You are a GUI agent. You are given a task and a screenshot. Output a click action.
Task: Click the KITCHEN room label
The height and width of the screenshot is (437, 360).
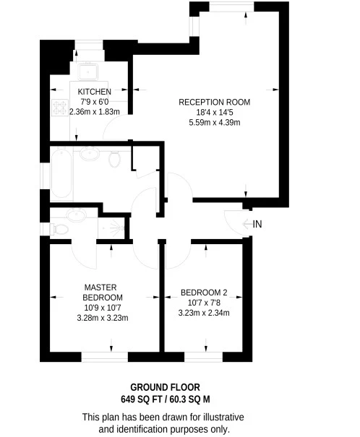pos(95,92)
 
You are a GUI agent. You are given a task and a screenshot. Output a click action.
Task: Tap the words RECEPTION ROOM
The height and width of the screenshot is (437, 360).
pos(215,102)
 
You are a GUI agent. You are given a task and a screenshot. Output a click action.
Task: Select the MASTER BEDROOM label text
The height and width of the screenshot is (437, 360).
pos(102,292)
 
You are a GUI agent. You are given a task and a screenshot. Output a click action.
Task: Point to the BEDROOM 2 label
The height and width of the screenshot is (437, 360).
pos(204,293)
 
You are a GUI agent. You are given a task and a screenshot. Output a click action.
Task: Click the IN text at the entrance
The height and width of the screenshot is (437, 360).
pos(257,224)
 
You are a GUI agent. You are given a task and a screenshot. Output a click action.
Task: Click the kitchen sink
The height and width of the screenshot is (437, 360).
pos(90,70)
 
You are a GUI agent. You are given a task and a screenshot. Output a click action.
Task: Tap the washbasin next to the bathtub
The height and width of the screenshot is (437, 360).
pos(89,154)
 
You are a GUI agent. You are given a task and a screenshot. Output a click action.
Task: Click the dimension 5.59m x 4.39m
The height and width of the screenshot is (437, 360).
pos(215,122)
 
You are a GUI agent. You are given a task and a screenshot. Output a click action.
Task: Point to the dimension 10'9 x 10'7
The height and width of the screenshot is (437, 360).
pos(102,308)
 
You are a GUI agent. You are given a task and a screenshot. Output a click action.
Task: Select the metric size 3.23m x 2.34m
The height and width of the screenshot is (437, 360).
pos(204,313)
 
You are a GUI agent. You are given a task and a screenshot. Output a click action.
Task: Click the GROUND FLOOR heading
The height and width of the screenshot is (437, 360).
pos(165,387)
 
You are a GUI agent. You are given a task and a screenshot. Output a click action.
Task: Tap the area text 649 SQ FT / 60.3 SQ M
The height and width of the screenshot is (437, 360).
pos(165,399)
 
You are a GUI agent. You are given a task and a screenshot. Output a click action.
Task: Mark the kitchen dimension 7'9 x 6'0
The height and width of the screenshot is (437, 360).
pos(95,102)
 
